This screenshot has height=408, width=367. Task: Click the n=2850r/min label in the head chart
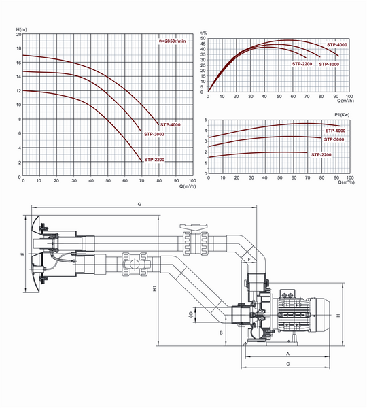(173, 41)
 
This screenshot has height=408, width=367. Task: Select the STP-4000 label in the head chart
(170, 124)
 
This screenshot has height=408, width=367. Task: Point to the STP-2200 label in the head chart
(154, 160)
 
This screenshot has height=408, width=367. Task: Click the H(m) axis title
(21, 29)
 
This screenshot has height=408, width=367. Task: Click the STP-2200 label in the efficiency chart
(302, 64)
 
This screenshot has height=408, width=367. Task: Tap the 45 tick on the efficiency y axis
(203, 44)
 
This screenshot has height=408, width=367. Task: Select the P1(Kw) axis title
(343, 114)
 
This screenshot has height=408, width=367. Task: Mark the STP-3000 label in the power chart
(333, 140)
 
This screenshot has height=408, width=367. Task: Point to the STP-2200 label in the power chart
(321, 155)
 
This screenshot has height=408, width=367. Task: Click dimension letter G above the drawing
(139, 203)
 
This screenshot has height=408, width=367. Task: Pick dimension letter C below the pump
(288, 364)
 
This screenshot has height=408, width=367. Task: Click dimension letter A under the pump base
(288, 354)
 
